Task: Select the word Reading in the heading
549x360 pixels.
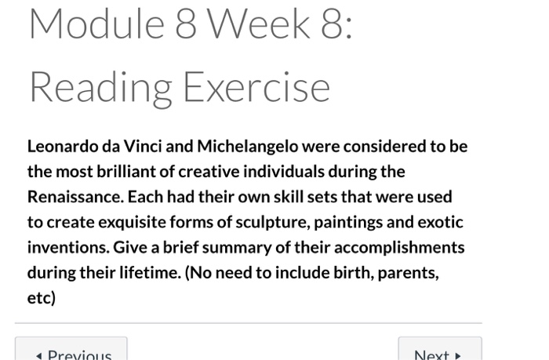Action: tap(100, 86)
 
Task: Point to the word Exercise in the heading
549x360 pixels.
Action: tap(256, 86)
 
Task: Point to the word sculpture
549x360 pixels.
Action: tap(241, 222)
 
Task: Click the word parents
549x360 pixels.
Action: tap(405, 273)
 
